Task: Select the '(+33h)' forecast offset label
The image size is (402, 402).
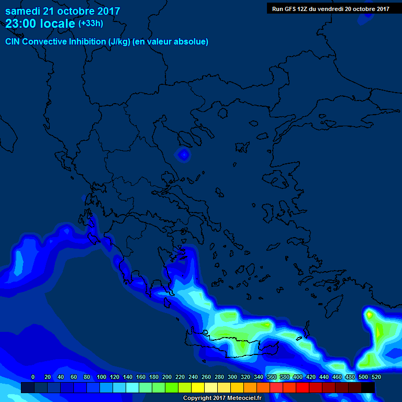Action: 91,24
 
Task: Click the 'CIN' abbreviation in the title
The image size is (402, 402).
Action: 14,41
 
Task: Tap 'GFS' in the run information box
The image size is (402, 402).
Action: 289,8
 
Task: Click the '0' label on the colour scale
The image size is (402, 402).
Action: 33,377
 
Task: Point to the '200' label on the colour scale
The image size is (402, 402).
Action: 167,377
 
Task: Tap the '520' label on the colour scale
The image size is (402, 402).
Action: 376,377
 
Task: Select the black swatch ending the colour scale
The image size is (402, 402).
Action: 368,387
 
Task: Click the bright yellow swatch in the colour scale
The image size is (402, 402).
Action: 198,387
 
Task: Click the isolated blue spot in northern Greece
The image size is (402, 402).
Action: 183,154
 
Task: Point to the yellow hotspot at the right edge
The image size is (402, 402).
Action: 370,315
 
